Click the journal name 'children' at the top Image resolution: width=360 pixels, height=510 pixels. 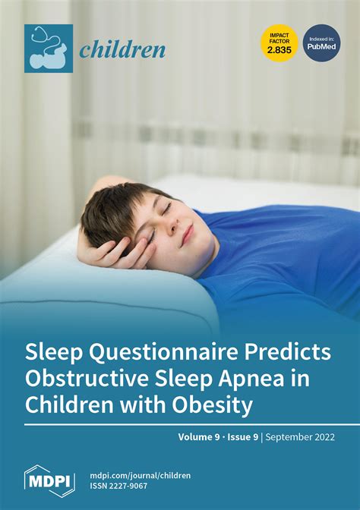122,50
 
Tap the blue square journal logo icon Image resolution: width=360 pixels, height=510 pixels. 48,48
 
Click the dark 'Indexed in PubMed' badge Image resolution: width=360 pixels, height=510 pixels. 322,43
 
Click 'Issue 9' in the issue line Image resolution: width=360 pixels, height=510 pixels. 248,438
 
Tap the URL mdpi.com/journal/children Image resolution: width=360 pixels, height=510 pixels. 140,475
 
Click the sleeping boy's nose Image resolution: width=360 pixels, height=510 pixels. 171,228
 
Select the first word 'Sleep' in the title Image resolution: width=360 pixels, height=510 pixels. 56,353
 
